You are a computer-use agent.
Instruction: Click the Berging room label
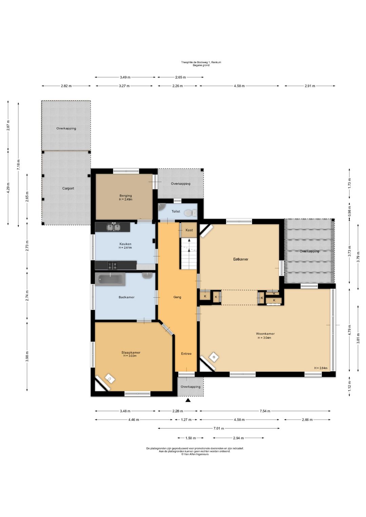[x=126, y=196]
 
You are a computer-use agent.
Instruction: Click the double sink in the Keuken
[x=114, y=227]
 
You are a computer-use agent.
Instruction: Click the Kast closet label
[x=189, y=230]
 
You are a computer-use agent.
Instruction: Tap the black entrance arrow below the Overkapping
[x=188, y=400]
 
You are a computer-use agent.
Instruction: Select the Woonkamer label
[x=265, y=334]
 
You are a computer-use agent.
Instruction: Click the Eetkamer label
[x=241, y=259]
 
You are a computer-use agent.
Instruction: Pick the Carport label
[x=68, y=188]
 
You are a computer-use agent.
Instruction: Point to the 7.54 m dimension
[x=265, y=411]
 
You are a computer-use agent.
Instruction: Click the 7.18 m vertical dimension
[x=19, y=165]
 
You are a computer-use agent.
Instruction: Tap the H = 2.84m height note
[x=321, y=368]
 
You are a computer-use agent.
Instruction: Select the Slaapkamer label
[x=131, y=352]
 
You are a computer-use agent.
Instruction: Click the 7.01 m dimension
[x=219, y=428]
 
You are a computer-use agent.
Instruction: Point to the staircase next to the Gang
[x=189, y=253]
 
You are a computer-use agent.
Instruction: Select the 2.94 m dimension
[x=238, y=438]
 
